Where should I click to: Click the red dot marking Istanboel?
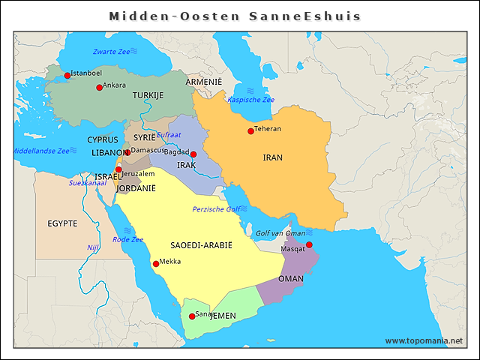pos(67,76)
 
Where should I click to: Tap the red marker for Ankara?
pos(99,88)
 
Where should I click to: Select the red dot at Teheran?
pos(250,131)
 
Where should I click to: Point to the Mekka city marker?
pos(156,264)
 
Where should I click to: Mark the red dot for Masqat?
pos(309,244)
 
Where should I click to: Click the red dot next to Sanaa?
pos(192,316)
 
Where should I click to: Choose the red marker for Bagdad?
pos(193,154)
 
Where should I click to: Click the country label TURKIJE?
pos(148,96)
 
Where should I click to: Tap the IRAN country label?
pos(273,158)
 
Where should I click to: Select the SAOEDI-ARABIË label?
pos(201,246)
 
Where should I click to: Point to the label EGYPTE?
pos(62,223)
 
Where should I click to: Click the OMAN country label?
pos(291,279)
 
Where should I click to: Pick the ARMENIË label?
pos(204,81)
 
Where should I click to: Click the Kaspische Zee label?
pos(250,100)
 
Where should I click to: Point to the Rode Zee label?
pos(127,240)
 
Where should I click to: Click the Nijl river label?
pos(93,247)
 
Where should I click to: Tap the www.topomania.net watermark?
pos(424,340)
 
